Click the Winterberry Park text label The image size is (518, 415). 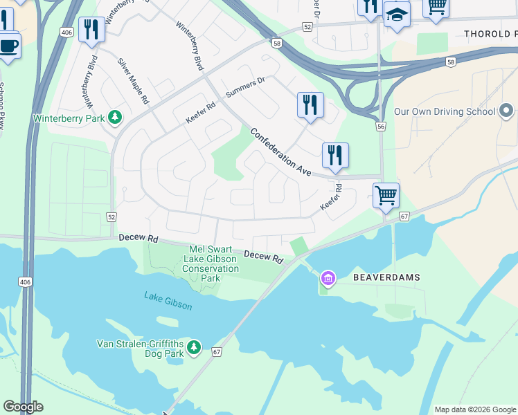click(x=69, y=118)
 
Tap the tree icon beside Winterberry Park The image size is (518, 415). click(x=115, y=118)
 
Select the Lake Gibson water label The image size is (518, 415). click(x=168, y=297)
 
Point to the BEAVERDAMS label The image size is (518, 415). click(x=386, y=277)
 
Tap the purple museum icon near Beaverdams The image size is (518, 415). click(x=328, y=279)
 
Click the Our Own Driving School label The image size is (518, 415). click(x=444, y=111)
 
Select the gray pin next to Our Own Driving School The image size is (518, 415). click(x=506, y=111)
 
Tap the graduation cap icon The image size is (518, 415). click(x=397, y=14)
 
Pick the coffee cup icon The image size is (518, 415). click(x=8, y=46)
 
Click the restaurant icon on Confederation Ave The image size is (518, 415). click(x=335, y=155)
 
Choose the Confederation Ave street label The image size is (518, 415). click(x=280, y=152)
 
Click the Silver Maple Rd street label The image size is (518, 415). click(x=133, y=81)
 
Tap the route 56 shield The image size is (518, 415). click(x=380, y=127)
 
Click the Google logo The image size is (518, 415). click(x=23, y=407)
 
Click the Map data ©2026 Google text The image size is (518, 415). click(x=474, y=409)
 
